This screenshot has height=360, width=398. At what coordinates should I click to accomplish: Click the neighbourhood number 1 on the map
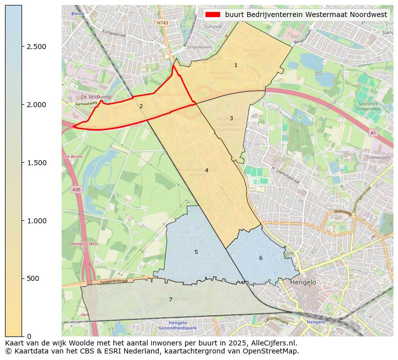point(236,66)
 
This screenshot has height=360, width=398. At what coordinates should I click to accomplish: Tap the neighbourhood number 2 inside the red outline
point(141,106)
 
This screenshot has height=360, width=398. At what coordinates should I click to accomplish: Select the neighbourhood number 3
point(231,119)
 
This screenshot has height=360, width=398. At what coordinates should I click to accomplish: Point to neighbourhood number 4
point(206,171)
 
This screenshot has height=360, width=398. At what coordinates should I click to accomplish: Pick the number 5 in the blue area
point(196,252)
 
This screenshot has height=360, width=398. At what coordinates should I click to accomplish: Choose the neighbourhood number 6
point(261,258)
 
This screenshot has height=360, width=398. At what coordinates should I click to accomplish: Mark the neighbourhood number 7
point(170,300)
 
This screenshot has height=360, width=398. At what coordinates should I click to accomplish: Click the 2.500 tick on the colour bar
point(36,47)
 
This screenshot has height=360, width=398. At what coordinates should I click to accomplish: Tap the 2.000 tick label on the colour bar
point(36,105)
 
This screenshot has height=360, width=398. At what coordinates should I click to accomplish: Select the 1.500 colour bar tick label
point(36,163)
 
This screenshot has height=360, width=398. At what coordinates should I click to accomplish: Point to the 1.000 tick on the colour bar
point(36,221)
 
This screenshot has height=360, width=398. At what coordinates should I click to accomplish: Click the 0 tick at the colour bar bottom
point(29,336)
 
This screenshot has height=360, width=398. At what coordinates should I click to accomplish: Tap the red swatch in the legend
point(213,15)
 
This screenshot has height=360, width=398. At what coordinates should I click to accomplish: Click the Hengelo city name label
point(303,282)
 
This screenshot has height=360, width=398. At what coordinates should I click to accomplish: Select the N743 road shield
point(162,23)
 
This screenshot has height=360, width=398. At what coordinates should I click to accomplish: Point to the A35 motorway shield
point(76,190)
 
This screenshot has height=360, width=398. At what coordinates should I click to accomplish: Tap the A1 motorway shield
point(372,133)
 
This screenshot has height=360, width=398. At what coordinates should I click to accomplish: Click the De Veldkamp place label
point(96,97)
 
